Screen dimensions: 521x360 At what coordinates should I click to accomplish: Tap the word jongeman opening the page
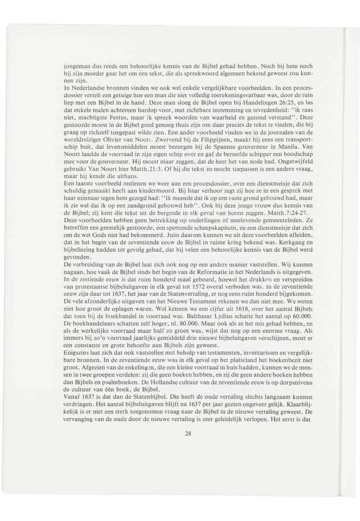pos(78,64)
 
